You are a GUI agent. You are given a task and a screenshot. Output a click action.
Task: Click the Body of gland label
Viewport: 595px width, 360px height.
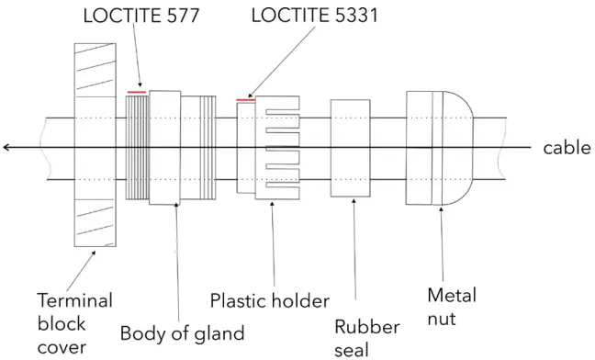(x=183, y=332)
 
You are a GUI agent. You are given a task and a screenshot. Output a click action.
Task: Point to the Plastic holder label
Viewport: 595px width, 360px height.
(x=269, y=300)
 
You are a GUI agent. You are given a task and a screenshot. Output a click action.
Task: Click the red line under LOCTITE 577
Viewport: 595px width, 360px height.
(x=136, y=91)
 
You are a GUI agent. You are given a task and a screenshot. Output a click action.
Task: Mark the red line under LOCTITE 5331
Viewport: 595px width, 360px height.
(x=245, y=98)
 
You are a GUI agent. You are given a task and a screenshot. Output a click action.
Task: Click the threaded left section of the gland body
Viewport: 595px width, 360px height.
(x=136, y=147)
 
